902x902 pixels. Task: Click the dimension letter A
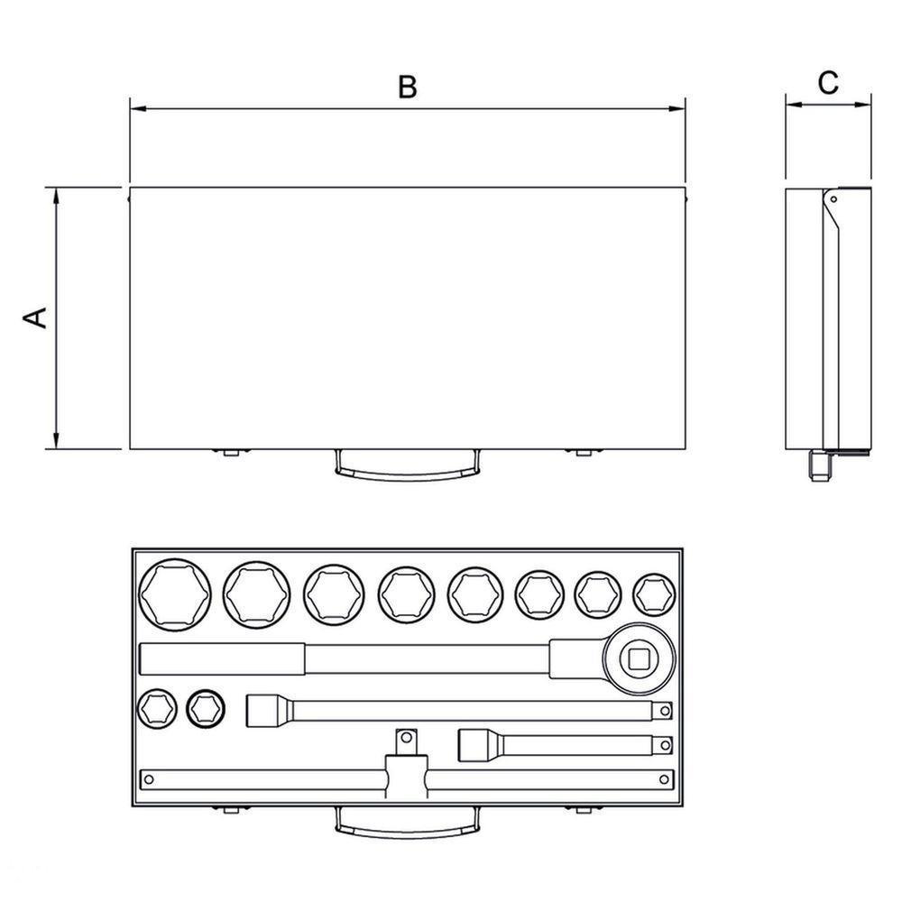pos(35,318)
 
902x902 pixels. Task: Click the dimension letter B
pos(408,87)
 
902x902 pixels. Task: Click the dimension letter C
pos(828,83)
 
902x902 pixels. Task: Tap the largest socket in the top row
pos(176,594)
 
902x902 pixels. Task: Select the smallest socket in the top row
pos(654,594)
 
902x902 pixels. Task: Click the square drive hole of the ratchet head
pos(640,658)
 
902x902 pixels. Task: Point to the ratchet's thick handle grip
pos(223,658)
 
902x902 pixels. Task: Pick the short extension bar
pos(566,745)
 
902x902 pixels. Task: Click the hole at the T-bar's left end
pos(149,779)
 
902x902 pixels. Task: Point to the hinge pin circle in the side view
pos(833,199)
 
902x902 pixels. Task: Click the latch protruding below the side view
pos(822,466)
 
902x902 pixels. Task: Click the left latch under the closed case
pos(231,452)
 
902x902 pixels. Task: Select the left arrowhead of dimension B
pos(138,107)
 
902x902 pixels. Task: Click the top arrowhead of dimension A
pos(56,196)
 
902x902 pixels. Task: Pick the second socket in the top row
pos(256,594)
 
